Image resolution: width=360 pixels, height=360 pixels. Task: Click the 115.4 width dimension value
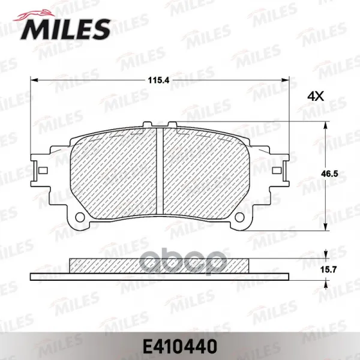[x=158, y=80]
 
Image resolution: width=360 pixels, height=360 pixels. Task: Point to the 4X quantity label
[x=316, y=97]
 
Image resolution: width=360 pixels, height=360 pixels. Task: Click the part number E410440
[x=180, y=346]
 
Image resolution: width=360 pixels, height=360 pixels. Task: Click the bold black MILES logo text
[x=65, y=29]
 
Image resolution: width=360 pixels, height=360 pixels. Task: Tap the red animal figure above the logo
[x=34, y=16]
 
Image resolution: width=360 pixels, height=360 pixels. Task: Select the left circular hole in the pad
[x=80, y=217]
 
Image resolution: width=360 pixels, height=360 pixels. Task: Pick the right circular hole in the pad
[x=240, y=217]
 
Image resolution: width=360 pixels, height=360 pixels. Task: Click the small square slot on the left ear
[x=43, y=170]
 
